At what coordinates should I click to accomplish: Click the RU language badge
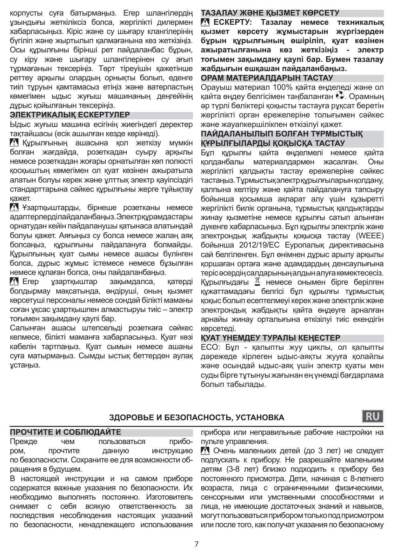click(372, 416)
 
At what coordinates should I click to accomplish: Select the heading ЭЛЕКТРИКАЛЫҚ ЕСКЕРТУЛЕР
click(70, 115)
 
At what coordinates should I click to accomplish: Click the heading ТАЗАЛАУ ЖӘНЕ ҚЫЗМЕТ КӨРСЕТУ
click(270, 13)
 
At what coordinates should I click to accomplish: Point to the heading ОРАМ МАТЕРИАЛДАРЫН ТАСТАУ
click(267, 78)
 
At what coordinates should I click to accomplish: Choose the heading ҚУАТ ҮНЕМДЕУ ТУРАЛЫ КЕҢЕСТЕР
click(270, 338)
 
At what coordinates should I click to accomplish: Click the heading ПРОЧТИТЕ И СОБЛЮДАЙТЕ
click(66, 432)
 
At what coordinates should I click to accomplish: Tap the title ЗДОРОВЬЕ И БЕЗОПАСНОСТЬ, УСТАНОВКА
click(197, 418)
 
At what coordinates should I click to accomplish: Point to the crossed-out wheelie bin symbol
click(257, 281)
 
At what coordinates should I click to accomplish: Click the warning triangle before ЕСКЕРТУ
click(205, 23)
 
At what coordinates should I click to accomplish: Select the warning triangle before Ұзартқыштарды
click(14, 208)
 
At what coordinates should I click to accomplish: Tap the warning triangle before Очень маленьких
click(205, 451)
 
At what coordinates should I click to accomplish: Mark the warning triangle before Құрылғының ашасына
click(14, 143)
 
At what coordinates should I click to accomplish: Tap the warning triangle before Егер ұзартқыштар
click(14, 282)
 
